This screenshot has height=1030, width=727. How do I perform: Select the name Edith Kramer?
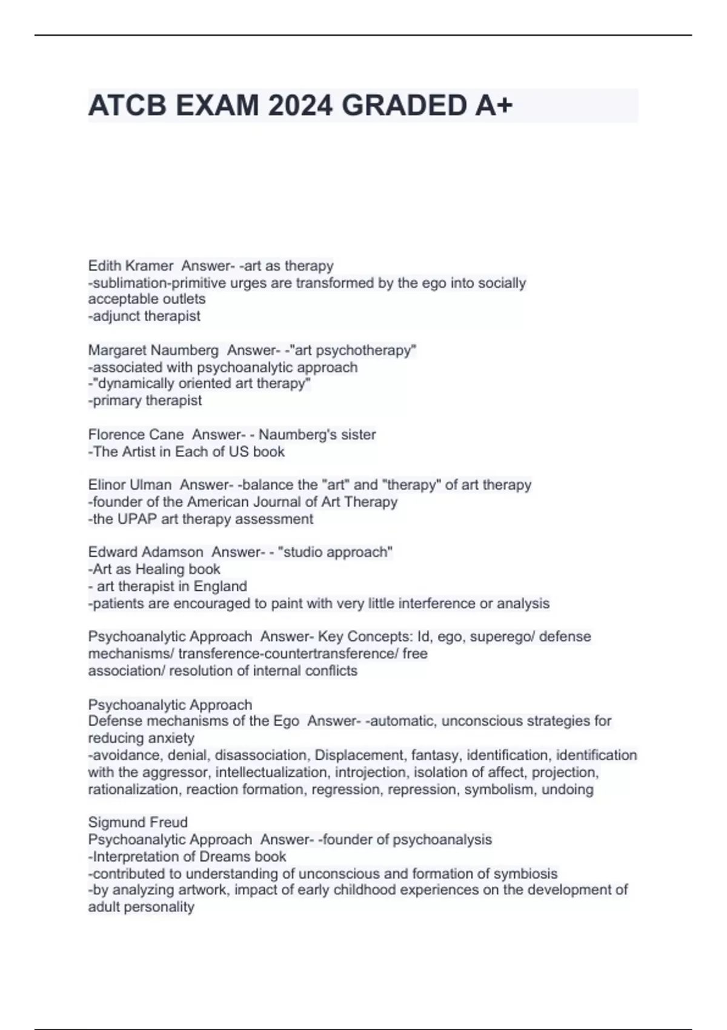130,266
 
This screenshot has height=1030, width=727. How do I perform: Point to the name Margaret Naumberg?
153,350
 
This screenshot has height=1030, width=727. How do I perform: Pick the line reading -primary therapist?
145,400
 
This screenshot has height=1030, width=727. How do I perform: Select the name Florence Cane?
136,434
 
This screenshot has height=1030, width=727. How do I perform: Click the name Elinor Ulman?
130,485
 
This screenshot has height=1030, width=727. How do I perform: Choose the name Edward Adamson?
145,552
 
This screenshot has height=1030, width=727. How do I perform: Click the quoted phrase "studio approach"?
335,552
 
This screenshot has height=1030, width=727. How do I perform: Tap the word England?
220,586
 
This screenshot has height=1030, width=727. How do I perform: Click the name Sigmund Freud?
138,822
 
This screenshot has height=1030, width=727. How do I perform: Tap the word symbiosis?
525,874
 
